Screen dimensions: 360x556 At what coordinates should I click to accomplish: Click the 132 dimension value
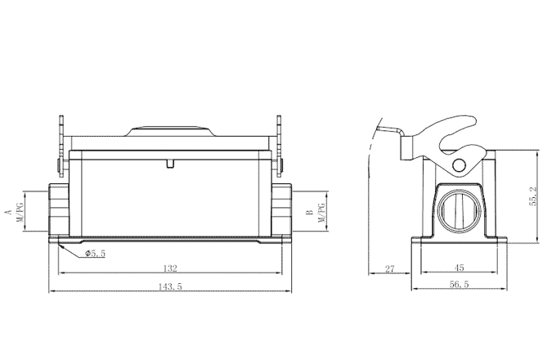[x=170, y=268]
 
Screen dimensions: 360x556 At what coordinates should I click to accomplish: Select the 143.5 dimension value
[x=170, y=286]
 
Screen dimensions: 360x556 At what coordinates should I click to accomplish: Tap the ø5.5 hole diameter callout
[x=96, y=254]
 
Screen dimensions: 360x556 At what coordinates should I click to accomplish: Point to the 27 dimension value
[x=389, y=268]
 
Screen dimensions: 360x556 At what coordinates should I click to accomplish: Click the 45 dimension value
[x=460, y=268]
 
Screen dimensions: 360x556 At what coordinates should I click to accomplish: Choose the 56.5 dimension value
[x=460, y=285]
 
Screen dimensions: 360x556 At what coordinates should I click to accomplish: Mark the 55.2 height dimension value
[x=533, y=198]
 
